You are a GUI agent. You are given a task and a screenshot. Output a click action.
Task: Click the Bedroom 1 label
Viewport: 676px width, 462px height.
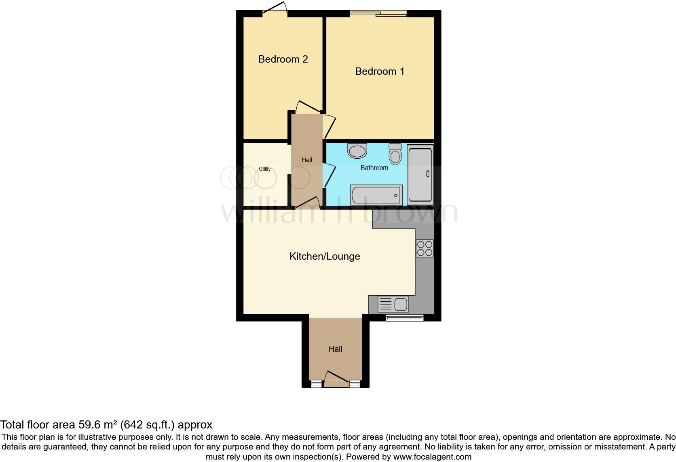(379, 71)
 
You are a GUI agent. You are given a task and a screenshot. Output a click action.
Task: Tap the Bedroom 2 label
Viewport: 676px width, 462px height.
(283, 59)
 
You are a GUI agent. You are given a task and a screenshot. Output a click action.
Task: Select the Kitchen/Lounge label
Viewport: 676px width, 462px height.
(325, 256)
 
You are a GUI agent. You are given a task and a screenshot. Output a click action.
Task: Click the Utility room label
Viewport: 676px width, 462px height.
(265, 169)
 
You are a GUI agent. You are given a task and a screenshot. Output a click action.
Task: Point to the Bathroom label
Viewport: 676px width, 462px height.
(374, 168)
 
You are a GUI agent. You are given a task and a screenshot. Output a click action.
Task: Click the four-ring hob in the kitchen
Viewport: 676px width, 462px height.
(425, 248)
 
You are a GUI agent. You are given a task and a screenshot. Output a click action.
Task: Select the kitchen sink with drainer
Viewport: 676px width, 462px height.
(393, 304)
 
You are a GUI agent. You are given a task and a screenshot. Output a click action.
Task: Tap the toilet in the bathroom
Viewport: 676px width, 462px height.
(395, 154)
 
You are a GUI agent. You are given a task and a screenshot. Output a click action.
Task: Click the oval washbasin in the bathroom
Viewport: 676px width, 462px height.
(357, 151)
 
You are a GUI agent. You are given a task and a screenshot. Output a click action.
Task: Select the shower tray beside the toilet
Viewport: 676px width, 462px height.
(420, 174)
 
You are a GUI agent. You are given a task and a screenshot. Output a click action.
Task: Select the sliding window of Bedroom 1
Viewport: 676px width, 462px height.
(378, 14)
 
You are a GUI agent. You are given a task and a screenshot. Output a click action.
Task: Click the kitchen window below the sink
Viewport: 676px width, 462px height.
(405, 318)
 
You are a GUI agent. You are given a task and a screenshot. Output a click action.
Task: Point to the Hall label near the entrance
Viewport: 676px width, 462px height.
(335, 349)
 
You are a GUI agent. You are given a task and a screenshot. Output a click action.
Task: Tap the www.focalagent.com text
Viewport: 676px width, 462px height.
(432, 457)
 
